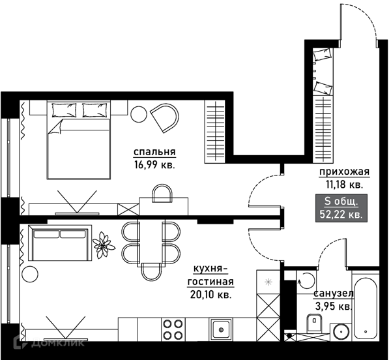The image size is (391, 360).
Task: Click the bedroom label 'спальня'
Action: [x=154, y=152]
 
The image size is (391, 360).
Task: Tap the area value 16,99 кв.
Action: [x=154, y=165]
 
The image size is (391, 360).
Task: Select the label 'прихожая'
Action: [x=344, y=172]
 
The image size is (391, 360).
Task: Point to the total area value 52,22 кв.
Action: [x=341, y=215]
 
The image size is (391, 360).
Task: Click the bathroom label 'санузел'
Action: [x=334, y=294]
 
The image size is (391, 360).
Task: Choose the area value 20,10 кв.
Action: [x=210, y=295]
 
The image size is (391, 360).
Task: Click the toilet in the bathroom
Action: [x=315, y=322]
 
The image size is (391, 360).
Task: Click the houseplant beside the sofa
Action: [x=103, y=245]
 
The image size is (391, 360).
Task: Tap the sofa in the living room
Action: [x=60, y=243]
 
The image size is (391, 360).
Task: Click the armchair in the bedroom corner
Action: [x=166, y=118]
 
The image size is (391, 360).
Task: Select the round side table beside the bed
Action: [x=139, y=114]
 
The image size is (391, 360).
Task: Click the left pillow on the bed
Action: [x=64, y=110]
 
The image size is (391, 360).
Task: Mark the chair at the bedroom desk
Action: [x=162, y=194]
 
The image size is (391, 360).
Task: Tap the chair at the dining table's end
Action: [x=151, y=272]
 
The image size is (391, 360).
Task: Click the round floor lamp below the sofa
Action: [x=30, y=274]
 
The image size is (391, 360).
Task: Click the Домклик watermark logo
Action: [x=49, y=342]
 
